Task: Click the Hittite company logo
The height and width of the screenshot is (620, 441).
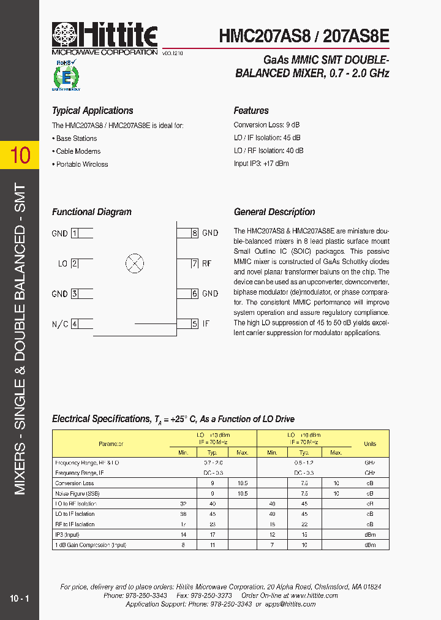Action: point(105,38)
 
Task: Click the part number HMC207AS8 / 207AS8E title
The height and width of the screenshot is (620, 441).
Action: point(304,36)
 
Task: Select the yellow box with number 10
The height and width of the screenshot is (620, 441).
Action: point(20,155)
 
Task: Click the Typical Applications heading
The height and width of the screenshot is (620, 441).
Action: point(92,111)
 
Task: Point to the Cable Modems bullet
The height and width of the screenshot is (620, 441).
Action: point(78,151)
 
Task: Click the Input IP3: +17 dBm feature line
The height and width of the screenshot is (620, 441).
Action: point(261,164)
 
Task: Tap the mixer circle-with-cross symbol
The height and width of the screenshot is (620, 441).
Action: point(135,264)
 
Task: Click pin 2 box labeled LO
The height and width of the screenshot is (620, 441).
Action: point(75,264)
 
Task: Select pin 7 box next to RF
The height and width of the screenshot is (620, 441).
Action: point(194,264)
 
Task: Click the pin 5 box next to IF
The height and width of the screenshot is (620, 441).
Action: point(194,323)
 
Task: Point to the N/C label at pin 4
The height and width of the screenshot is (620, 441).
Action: point(60,323)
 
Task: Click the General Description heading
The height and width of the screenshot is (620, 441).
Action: point(274,212)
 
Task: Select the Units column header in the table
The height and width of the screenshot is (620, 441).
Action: point(370,444)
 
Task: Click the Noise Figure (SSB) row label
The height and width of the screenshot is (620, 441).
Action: point(77,493)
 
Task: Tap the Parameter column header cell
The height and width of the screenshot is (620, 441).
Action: point(111,444)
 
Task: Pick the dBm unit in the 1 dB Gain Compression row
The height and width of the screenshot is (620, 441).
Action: point(370,545)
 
